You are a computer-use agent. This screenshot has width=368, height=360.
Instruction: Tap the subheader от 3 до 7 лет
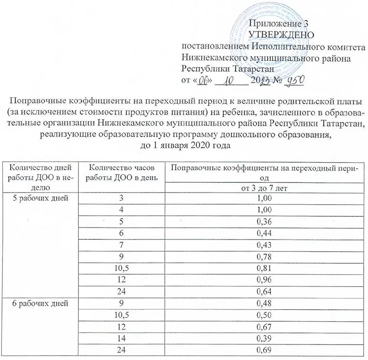(x=263, y=188)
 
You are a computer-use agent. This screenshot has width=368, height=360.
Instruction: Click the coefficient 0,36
(x=263, y=222)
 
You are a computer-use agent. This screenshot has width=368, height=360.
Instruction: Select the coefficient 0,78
(x=263, y=256)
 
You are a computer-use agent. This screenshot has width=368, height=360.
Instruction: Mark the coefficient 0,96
(x=263, y=280)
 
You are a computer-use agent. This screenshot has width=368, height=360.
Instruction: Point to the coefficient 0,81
(x=263, y=268)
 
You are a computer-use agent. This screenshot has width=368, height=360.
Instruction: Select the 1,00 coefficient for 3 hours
(x=263, y=198)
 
